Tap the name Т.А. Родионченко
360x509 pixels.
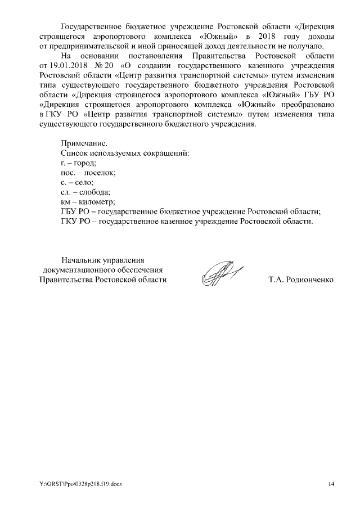point(301,280)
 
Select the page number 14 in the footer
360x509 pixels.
point(331,484)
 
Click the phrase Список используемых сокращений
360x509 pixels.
point(125,154)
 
